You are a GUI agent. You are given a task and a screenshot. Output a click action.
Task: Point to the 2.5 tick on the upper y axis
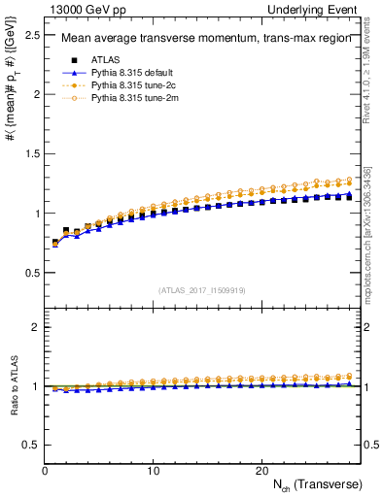coord(32,35)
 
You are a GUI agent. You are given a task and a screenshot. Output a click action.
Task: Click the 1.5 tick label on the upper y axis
coord(32,153)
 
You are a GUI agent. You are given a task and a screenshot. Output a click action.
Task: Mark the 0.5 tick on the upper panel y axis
coord(32,272)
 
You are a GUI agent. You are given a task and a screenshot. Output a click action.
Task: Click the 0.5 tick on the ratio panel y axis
coord(32,445)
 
